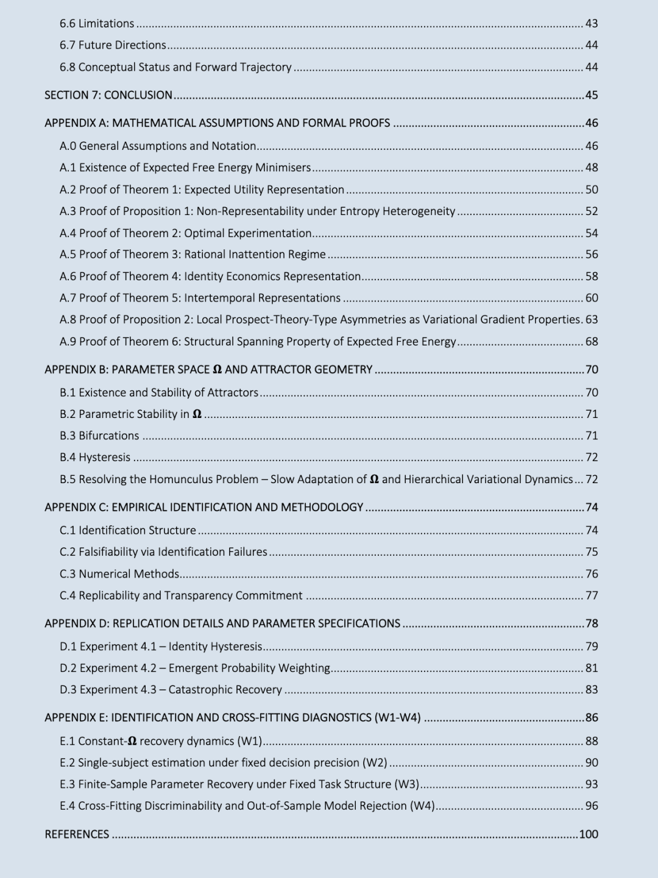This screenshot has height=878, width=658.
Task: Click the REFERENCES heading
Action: coord(77,834)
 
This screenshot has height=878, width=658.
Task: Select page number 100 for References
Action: coord(589,834)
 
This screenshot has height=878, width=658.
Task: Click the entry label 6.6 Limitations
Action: coord(97,24)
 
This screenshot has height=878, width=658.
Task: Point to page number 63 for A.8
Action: coord(592,319)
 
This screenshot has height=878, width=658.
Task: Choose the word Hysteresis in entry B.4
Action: coord(104,458)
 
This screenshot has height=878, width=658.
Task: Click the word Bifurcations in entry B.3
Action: coord(108,436)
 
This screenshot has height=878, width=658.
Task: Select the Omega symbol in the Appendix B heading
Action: coord(217,370)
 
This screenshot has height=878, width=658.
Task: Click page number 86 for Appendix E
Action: coord(592,718)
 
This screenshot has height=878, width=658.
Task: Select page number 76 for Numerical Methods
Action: coord(592,574)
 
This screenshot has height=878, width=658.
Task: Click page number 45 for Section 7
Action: coord(592,95)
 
